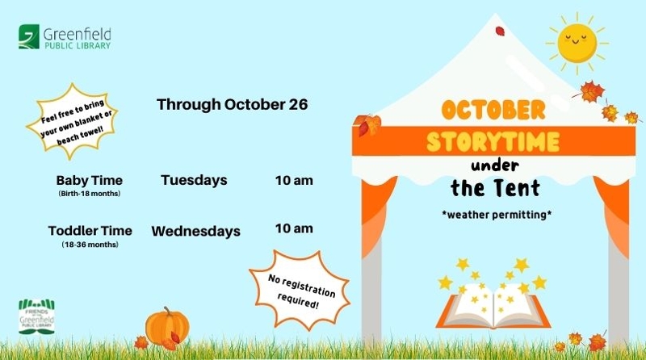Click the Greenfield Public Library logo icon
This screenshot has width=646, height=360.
[29, 36]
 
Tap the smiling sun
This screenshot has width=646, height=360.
[577, 44]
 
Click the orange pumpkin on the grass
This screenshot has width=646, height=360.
[167, 327]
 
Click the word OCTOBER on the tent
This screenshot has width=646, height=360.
[493, 110]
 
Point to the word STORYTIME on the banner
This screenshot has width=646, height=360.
[493, 142]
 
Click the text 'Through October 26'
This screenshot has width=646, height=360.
[232, 105]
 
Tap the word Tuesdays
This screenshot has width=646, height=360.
[194, 180]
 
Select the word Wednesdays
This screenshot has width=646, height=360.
[195, 231]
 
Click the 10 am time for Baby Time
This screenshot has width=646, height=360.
[294, 181]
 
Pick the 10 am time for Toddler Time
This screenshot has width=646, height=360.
[294, 228]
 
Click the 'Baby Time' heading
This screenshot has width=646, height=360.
[90, 181]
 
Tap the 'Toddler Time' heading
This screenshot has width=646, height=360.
[90, 231]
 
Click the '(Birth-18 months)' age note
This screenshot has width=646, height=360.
[90, 194]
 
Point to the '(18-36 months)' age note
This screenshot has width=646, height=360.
[90, 245]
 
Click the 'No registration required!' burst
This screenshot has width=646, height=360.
[300, 290]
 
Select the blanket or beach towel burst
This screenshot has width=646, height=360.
[73, 122]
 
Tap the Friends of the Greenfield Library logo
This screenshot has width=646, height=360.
[36, 316]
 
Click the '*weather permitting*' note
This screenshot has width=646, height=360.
[497, 215]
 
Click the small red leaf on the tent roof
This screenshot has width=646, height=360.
[500, 31]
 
